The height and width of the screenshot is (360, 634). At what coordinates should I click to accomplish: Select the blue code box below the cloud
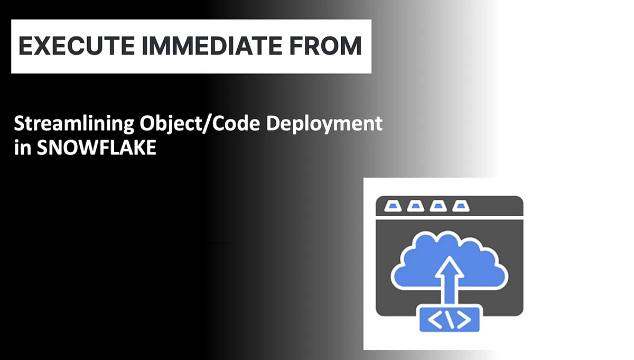[449, 318]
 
